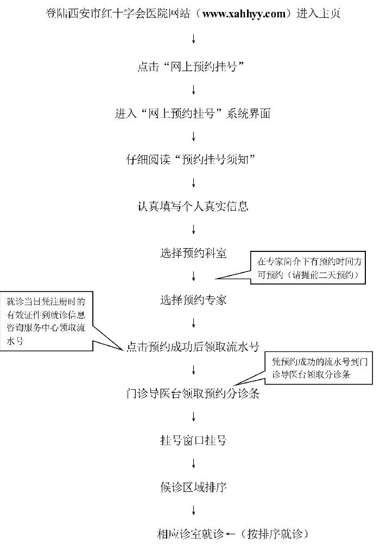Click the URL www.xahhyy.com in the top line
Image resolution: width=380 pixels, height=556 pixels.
[244, 14]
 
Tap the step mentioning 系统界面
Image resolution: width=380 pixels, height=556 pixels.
[193, 113]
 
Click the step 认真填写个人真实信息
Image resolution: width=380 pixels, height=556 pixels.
[193, 206]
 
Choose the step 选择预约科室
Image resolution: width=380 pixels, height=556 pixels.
[194, 253]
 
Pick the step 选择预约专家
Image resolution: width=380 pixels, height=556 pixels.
[194, 300]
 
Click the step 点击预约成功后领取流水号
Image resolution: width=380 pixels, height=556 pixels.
[193, 347]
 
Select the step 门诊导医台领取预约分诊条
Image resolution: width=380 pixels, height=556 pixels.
[193, 394]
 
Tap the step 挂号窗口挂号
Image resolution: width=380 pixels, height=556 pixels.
[194, 440]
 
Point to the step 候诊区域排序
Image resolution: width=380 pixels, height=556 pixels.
[194, 487]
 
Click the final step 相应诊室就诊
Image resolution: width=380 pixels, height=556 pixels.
[191, 534]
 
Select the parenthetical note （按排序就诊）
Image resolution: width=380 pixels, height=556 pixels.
[274, 534]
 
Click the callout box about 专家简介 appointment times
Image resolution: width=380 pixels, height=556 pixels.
[308, 268]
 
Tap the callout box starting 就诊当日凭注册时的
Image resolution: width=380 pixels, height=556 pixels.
[47, 321]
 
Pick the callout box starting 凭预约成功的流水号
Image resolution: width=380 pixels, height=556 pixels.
[319, 368]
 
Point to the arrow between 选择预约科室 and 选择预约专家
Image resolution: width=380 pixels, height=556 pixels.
[194, 276]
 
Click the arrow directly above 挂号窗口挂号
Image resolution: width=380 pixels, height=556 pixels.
[194, 416]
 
